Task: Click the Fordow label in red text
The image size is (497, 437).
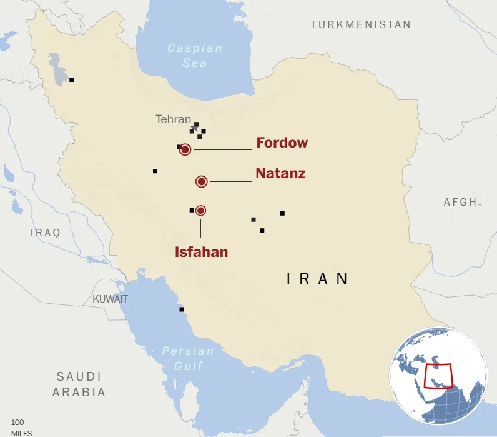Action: pyautogui.click(x=282, y=143)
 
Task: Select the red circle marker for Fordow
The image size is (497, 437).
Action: pyautogui.click(x=185, y=149)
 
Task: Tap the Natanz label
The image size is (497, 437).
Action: pyautogui.click(x=280, y=173)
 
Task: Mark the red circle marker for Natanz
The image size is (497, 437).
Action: pyautogui.click(x=202, y=181)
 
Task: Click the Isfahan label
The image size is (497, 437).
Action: pyautogui.click(x=201, y=252)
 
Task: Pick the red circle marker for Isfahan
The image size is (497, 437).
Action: pyautogui.click(x=200, y=211)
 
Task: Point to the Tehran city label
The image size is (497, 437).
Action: pyautogui.click(x=173, y=119)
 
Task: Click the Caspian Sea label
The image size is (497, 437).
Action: pyautogui.click(x=195, y=55)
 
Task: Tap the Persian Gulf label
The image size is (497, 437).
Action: pyautogui.click(x=188, y=358)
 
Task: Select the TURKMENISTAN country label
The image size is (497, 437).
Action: pyautogui.click(x=361, y=24)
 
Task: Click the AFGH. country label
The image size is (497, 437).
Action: pyautogui.click(x=463, y=202)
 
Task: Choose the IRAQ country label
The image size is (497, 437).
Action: pyautogui.click(x=46, y=233)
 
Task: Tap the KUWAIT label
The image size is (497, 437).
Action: pyautogui.click(x=110, y=299)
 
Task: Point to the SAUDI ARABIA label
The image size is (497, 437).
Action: pyautogui.click(x=79, y=384)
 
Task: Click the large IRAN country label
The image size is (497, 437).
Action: pyautogui.click(x=317, y=279)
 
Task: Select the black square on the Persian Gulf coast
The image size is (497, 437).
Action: pyautogui.click(x=182, y=309)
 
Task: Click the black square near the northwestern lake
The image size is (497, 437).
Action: pyautogui.click(x=72, y=79)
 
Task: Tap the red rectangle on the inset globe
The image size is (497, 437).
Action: pyautogui.click(x=438, y=376)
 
